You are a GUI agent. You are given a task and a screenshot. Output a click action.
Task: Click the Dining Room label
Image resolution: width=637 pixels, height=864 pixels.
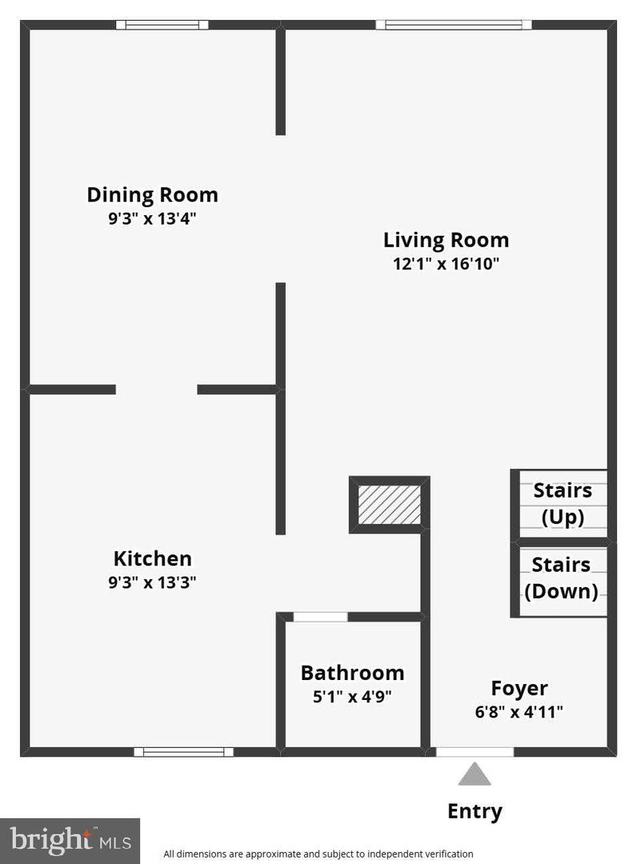(153, 195)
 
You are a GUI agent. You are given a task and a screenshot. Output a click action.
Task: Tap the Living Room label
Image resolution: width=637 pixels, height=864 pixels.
(446, 240)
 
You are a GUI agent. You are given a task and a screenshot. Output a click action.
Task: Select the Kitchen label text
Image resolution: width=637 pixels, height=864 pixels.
(153, 558)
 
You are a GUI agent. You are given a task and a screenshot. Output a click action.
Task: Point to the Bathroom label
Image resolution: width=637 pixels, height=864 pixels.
(352, 673)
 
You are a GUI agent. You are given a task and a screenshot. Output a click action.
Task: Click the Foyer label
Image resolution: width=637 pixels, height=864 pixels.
(519, 688)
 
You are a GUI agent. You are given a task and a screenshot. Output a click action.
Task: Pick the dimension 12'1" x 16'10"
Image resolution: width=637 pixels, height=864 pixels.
(446, 263)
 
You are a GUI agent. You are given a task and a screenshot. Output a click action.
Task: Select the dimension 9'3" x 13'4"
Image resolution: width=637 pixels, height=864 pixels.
(153, 218)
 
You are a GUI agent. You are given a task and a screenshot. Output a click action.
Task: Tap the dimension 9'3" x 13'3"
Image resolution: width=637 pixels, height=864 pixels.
(153, 582)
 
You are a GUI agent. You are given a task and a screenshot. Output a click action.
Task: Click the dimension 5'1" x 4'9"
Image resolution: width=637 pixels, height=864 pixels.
(352, 697)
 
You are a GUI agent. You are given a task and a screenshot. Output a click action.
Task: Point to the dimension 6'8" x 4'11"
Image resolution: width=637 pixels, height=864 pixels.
(519, 712)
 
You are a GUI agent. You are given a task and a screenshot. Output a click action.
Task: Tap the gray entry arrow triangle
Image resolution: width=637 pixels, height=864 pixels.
(475, 774)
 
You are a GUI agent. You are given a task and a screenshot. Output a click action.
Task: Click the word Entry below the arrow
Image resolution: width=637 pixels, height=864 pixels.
(475, 811)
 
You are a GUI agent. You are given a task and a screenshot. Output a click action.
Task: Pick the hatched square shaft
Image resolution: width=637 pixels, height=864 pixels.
(390, 505)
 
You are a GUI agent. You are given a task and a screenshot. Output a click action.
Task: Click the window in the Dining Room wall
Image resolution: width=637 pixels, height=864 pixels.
(162, 24)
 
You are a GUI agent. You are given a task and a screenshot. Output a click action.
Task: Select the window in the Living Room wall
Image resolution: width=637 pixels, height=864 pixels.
(454, 24)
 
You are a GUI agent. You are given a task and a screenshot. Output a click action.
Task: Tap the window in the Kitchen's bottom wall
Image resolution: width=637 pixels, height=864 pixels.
(183, 751)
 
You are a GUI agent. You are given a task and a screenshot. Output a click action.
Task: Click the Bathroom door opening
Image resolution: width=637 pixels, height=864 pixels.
(320, 617)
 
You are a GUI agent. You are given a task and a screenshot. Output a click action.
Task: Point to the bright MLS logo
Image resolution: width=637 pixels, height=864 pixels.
(70, 841)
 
